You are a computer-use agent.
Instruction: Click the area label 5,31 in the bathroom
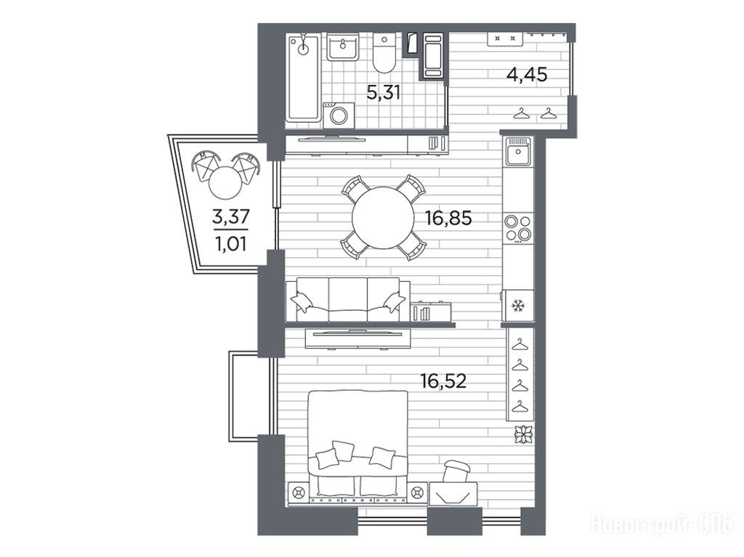[x=384, y=92]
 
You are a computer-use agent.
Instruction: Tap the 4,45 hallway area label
[x=527, y=75]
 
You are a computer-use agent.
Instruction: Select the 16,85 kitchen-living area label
[x=448, y=219]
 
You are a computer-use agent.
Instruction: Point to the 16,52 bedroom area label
[x=444, y=381]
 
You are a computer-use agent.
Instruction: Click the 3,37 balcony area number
[x=230, y=217]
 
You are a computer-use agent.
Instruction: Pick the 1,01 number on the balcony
[x=230, y=244]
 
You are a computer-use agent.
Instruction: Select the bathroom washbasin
[x=342, y=47]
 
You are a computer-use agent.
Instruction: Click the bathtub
[x=303, y=78]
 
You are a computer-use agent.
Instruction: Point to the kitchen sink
[x=519, y=151]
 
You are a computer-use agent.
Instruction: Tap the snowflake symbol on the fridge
[x=517, y=306]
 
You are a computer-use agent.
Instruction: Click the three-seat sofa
[x=348, y=300]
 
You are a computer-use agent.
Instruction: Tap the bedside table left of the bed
[x=299, y=492]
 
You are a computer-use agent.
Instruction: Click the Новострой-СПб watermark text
[x=662, y=526]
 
